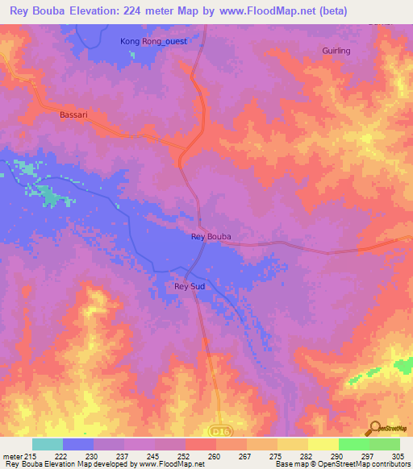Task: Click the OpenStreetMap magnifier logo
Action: coord(374,428)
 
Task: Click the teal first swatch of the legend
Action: coord(47,444)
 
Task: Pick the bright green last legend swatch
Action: coord(385,444)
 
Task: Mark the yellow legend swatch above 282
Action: coord(293,444)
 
